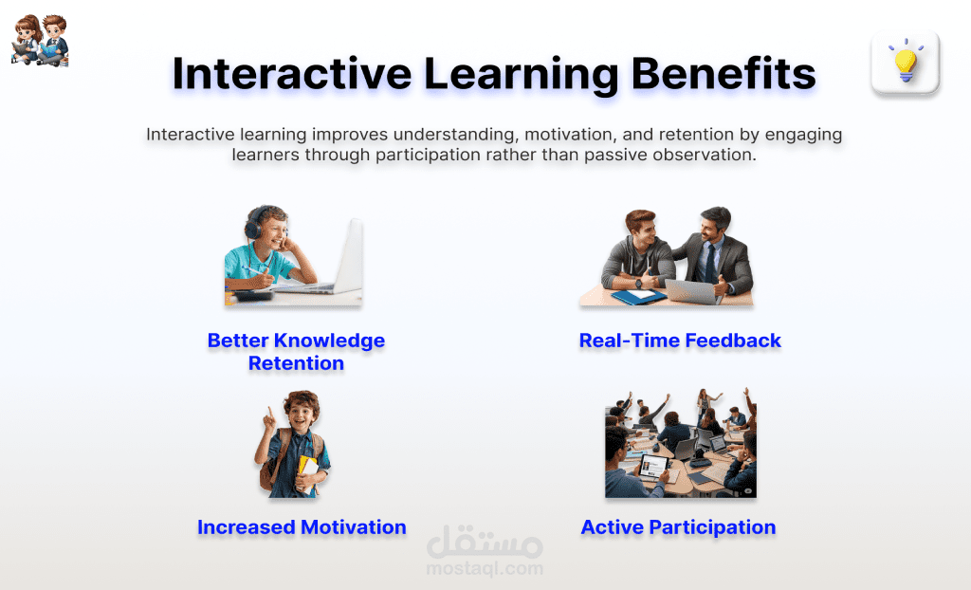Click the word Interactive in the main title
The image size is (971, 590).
pos(292,73)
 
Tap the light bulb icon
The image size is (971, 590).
pos(906,61)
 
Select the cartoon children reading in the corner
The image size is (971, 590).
pos(40,40)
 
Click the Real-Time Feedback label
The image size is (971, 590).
pos(680,341)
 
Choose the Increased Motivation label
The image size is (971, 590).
pos(302,526)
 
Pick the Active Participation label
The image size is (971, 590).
pos(678,527)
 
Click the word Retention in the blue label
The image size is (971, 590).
pos(296,363)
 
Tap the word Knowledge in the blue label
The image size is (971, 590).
pos(329,341)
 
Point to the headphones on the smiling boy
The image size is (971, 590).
pos(254,223)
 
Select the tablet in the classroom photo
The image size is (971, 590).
pos(653,465)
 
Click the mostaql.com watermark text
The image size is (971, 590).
pos(485,567)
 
